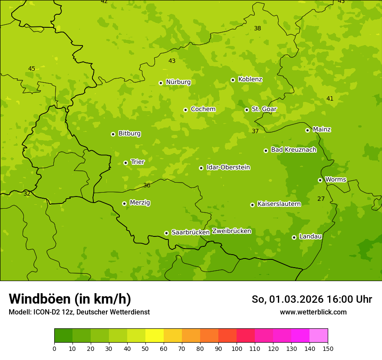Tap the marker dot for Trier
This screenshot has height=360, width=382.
pyautogui.click(x=125, y=163)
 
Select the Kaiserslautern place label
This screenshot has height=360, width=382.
pyautogui.click(x=279, y=204)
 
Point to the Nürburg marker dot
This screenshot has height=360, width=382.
pyautogui.click(x=161, y=83)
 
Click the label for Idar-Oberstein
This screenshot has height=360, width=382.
pyautogui.click(x=228, y=167)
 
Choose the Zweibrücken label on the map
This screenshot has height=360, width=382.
pyautogui.click(x=231, y=231)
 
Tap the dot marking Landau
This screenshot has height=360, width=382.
pyautogui.click(x=294, y=237)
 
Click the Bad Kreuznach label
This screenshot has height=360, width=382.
pyautogui.click(x=293, y=150)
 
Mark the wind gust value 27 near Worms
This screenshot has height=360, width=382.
pyautogui.click(x=321, y=199)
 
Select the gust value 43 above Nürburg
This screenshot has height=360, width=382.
pyautogui.click(x=172, y=61)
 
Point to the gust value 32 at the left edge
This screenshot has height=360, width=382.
pyautogui.click(x=27, y=193)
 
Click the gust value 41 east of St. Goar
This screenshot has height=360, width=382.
pyautogui.click(x=330, y=98)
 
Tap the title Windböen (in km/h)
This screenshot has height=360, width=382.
pyautogui.click(x=70, y=299)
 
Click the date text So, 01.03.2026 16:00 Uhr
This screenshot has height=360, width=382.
pyautogui.click(x=312, y=299)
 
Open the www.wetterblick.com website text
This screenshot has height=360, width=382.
pyautogui.click(x=313, y=312)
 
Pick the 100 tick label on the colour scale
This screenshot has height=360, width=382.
pyautogui.click(x=237, y=348)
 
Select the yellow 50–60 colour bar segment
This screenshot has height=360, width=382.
pyautogui.click(x=154, y=336)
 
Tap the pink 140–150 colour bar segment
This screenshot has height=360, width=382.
pyautogui.click(x=318, y=336)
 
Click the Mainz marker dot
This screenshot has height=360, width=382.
pyautogui.click(x=307, y=130)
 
